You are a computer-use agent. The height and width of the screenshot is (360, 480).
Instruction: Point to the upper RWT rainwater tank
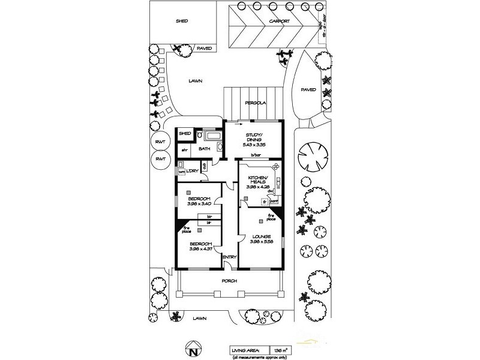160,142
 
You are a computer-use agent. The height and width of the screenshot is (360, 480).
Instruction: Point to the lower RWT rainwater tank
160,159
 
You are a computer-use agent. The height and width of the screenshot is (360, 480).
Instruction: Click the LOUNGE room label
260,236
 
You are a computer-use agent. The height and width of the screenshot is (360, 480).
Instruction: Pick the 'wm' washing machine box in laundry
182,172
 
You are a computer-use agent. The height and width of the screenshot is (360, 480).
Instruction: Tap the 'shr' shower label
185,149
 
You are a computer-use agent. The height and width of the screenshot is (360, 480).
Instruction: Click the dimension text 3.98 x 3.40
198,204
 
